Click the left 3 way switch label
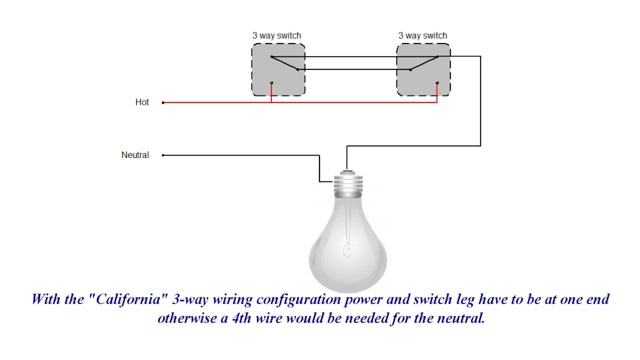276,35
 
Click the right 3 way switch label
422,35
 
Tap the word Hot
142,102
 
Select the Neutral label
135,155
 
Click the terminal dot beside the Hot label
163,102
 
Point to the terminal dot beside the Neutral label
163,155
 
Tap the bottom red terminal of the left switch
271,83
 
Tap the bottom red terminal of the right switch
437,83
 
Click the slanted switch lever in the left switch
284,63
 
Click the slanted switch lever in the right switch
424,63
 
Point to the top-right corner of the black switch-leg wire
480,56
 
